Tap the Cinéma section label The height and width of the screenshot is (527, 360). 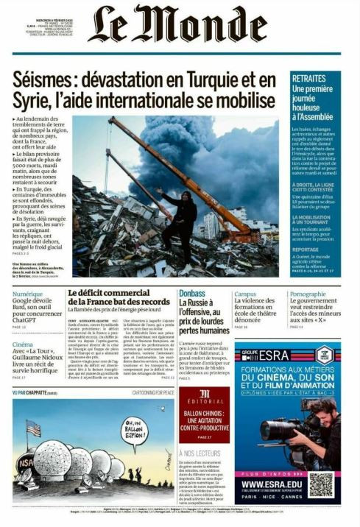(x=23, y=344)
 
